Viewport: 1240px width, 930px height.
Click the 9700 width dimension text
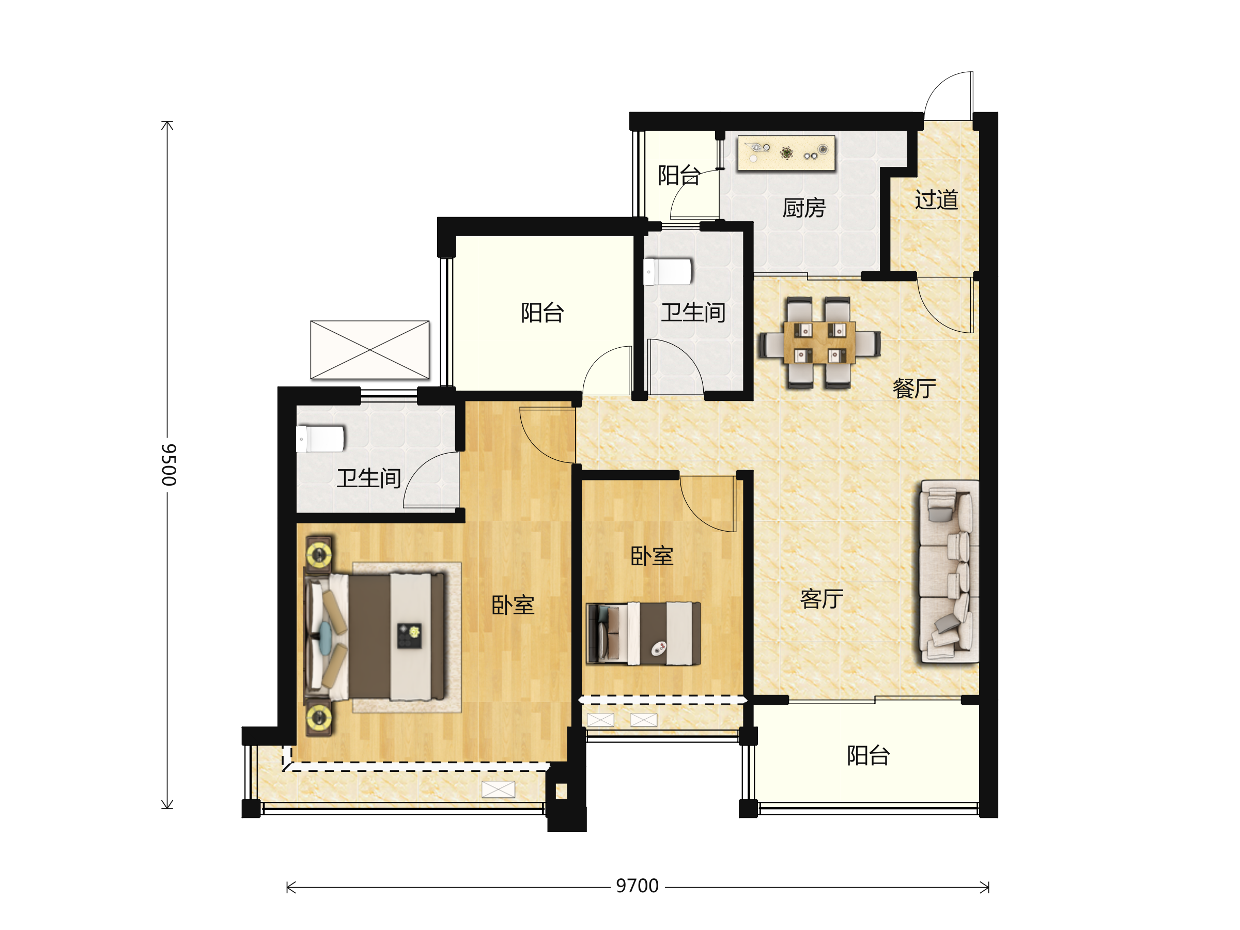(637, 886)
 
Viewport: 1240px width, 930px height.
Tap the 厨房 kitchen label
(804, 208)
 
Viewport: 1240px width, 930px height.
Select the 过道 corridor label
(936, 199)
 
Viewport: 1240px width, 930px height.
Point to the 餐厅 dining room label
(915, 388)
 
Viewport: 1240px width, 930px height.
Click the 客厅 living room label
(822, 599)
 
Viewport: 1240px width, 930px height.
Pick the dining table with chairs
(819, 343)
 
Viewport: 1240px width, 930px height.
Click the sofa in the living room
(949, 571)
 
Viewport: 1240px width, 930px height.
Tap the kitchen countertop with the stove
(786, 152)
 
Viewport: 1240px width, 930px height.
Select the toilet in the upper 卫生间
(668, 272)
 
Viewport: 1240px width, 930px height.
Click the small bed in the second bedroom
(643, 633)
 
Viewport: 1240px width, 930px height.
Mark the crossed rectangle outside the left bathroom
(370, 350)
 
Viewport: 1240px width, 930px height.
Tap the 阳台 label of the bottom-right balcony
(869, 756)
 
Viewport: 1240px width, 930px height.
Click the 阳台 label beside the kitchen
(679, 176)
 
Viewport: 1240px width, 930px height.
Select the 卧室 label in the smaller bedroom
(652, 556)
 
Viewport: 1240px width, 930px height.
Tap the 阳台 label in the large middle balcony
(542, 312)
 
